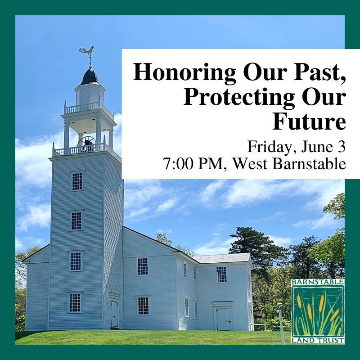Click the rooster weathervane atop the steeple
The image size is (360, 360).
87,51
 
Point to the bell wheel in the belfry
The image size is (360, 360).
86,144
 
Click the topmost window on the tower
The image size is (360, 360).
77,181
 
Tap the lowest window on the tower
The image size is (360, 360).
75,302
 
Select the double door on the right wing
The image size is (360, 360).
224,319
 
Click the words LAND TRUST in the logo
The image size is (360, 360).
318,341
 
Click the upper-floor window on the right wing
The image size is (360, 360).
221,274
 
